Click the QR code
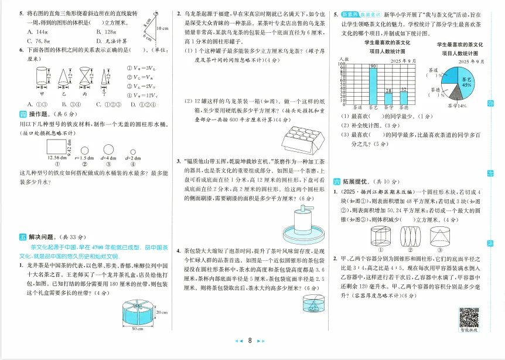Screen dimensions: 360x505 [468, 317]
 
